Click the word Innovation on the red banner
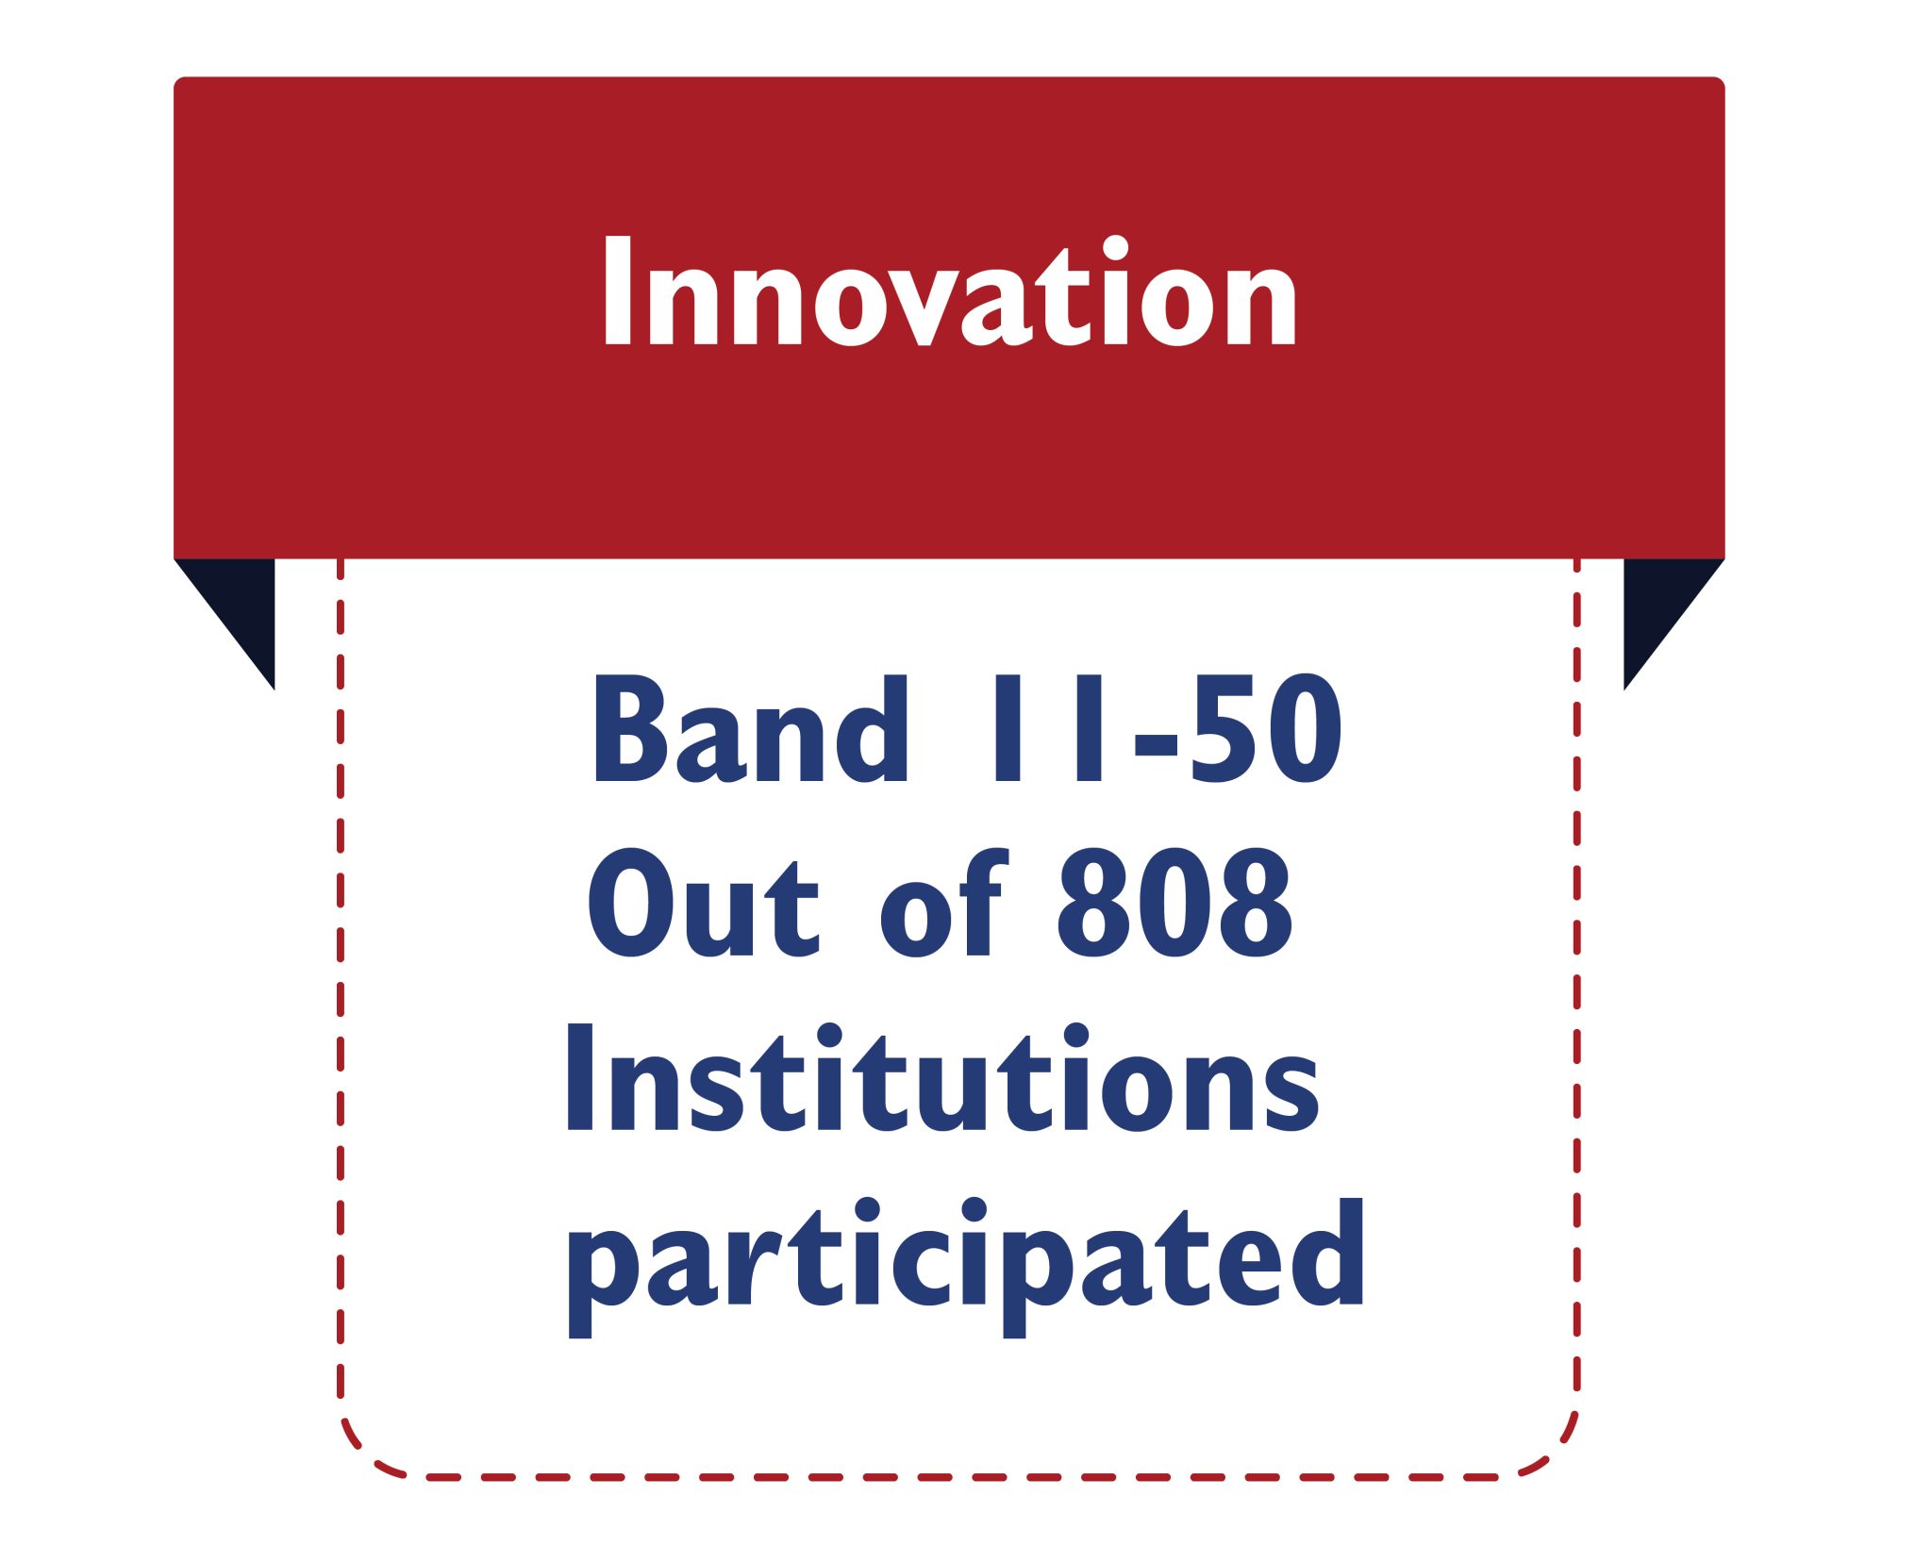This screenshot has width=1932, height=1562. [950, 291]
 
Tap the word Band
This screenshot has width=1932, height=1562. [750, 728]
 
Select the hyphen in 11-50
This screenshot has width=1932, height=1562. [1156, 742]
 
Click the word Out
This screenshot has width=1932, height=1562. [703, 902]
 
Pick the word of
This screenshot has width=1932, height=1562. [943, 902]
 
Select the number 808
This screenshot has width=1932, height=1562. [1174, 902]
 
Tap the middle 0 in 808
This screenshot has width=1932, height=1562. [1174, 902]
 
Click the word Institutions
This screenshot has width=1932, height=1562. [942, 1076]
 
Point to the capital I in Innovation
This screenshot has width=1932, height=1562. [617, 291]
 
